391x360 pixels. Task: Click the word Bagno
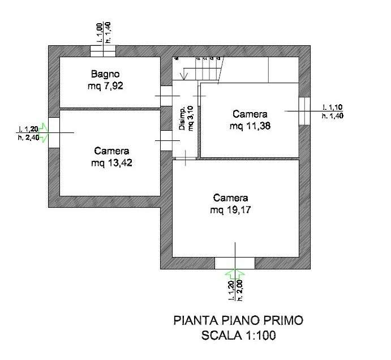pyautogui.click(x=106, y=74)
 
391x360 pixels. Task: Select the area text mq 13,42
pyautogui.click(x=111, y=163)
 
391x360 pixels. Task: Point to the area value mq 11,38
pyautogui.click(x=250, y=126)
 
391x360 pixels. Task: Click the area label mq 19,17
pyautogui.click(x=230, y=210)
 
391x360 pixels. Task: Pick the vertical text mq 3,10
pyautogui.click(x=191, y=119)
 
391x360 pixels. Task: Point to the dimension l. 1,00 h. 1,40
pyautogui.click(x=103, y=32)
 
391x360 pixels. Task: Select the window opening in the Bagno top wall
pyautogui.click(x=103, y=50)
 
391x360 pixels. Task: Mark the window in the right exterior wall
pyautogui.click(x=304, y=111)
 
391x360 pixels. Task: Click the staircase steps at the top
pyautogui.click(x=207, y=70)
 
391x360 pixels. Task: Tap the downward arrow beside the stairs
pyautogui.click(x=183, y=72)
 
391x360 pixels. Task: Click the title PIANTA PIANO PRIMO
pyautogui.click(x=238, y=321)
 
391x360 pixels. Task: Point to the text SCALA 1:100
pyautogui.click(x=238, y=336)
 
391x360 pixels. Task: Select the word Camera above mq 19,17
pyautogui.click(x=230, y=198)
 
